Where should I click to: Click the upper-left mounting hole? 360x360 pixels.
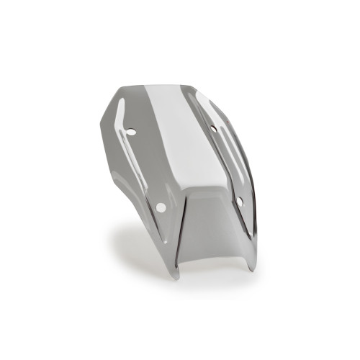point(131,132)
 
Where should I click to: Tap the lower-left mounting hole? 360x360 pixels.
point(161,207)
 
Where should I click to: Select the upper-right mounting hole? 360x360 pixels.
point(213,129)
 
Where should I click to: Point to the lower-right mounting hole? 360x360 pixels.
point(239,202)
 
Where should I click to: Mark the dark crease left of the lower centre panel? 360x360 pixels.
point(183,223)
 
